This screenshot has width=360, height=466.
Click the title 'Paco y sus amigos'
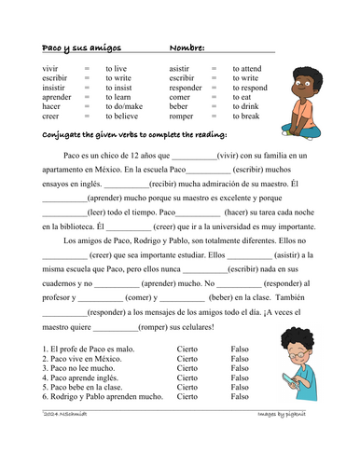click(81, 48)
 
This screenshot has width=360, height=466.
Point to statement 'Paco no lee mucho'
click(82, 368)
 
